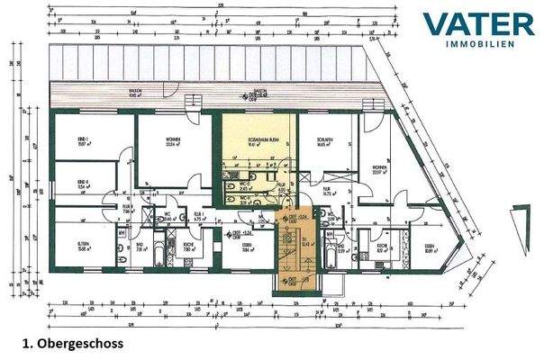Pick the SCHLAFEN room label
tap(325, 140)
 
